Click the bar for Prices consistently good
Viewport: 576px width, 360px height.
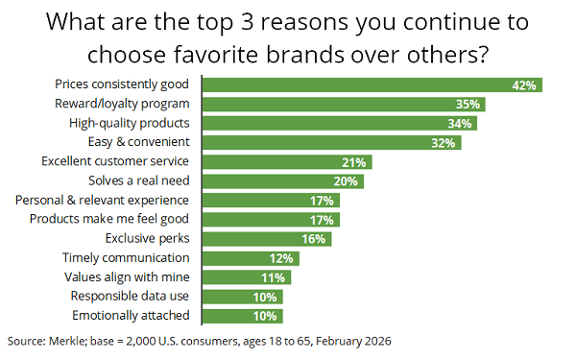click(372, 84)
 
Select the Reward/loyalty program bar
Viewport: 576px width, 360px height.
click(344, 105)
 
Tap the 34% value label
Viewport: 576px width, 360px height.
click(460, 124)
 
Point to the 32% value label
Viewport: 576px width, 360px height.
click(443, 143)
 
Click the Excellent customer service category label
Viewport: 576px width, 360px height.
click(115, 161)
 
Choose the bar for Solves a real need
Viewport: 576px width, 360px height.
click(283, 181)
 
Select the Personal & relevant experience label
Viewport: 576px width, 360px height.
click(102, 201)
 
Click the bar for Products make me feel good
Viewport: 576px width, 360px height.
click(271, 220)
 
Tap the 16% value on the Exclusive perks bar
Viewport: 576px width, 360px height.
click(313, 239)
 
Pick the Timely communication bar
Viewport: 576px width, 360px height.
click(251, 258)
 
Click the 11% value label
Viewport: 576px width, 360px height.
click(273, 277)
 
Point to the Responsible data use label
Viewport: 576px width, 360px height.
click(130, 296)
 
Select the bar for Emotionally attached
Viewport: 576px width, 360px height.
click(243, 316)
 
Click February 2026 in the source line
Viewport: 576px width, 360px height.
click(353, 341)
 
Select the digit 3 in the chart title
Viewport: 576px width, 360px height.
click(247, 22)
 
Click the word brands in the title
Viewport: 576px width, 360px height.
click(305, 55)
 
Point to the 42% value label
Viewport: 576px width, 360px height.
click(524, 85)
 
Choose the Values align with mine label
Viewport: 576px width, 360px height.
click(127, 277)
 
